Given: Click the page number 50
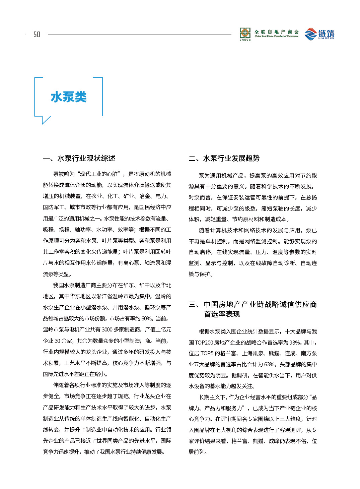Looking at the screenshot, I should (x=37, y=34).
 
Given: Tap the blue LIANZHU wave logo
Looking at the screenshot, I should (x=310, y=34).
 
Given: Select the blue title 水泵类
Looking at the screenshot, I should (x=69, y=97).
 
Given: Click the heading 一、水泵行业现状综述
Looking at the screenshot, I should (x=79, y=158).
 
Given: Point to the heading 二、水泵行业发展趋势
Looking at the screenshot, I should (x=224, y=158).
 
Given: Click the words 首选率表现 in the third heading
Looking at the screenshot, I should (x=222, y=314).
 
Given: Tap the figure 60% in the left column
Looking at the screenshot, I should (x=147, y=318).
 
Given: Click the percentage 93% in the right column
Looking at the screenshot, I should (x=295, y=343).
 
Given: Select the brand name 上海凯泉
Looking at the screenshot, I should (x=253, y=353).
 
